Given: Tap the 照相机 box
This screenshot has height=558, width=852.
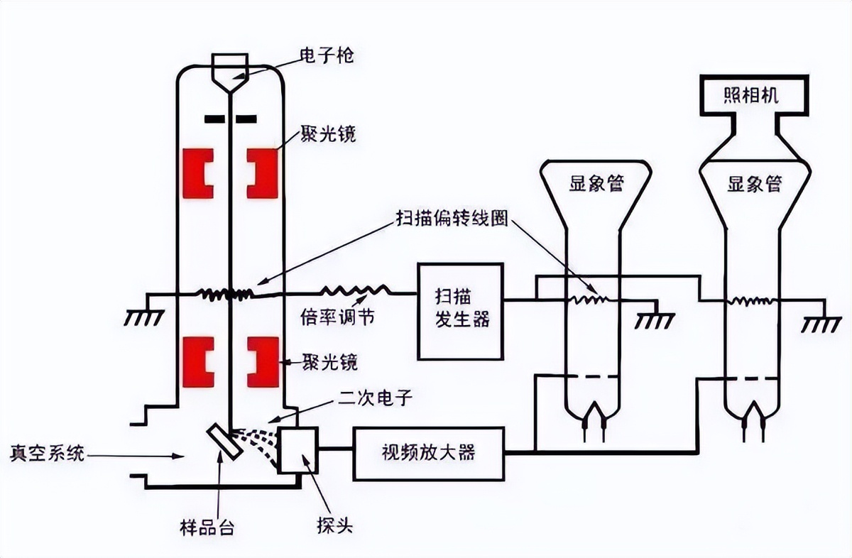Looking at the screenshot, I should click(754, 94).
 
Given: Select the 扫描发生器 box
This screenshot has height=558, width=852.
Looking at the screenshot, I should click(461, 310).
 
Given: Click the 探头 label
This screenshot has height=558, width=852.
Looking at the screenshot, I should click(334, 527).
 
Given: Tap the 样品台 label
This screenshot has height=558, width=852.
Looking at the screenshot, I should click(207, 528).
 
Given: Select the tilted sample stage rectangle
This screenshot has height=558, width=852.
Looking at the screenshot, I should click(225, 442).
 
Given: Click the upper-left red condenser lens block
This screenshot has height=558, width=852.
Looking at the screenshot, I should click(197, 173).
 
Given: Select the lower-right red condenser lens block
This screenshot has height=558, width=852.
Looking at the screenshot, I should click(262, 361).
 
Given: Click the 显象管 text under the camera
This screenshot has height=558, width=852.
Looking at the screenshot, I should click(754, 185).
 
